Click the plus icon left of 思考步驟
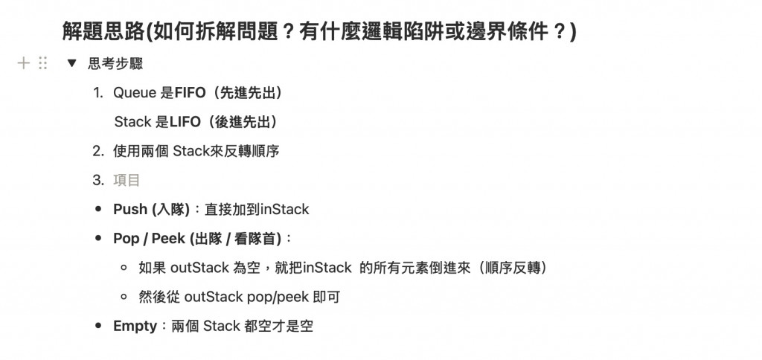tap(24, 63)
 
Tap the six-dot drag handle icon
tap(43, 63)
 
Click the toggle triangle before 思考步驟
tap(71, 63)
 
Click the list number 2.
tap(98, 151)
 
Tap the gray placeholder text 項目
tap(127, 180)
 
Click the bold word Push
tap(130, 209)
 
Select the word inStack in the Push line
tap(284, 209)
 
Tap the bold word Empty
tap(135, 326)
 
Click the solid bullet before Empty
tap(98, 326)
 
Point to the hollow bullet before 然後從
tap(124, 297)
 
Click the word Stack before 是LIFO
tap(133, 121)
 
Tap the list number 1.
tap(98, 93)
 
